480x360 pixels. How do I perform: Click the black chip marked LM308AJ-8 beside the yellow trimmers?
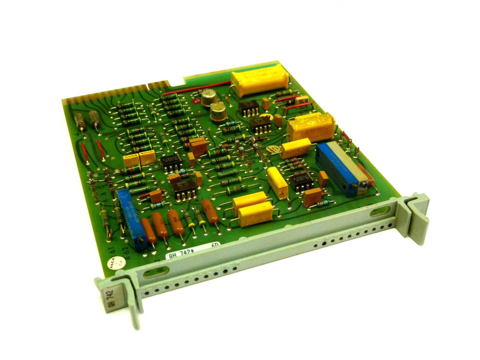170,162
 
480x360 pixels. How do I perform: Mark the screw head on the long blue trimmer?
139,242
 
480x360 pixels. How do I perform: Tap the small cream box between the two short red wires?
302,100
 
